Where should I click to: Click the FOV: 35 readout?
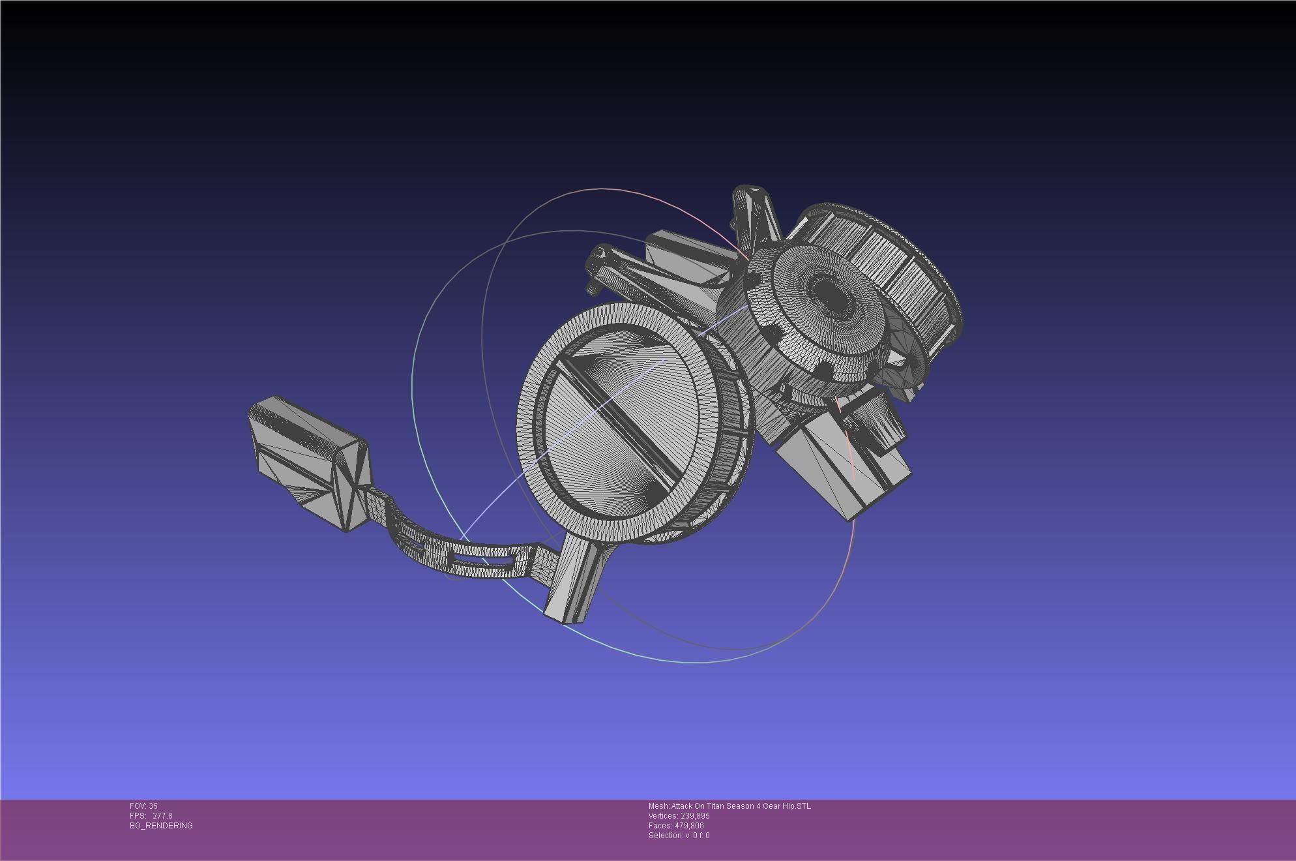pyautogui.click(x=143, y=806)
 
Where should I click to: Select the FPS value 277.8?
pyautogui.click(x=162, y=816)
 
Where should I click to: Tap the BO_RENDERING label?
pyautogui.click(x=161, y=826)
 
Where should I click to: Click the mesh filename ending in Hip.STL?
pyautogui.click(x=729, y=806)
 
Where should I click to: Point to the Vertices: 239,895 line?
pyautogui.click(x=679, y=816)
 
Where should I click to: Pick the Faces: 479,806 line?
pyautogui.click(x=676, y=826)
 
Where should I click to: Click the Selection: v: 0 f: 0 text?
pyautogui.click(x=679, y=836)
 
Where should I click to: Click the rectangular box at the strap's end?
pyautogui.click(x=306, y=460)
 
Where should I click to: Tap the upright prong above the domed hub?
pyautogui.click(x=756, y=215)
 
